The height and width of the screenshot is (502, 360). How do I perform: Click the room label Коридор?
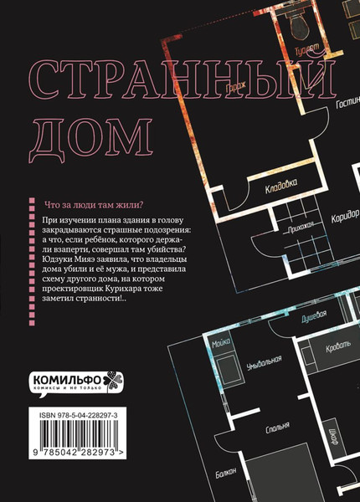coord(343,215)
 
